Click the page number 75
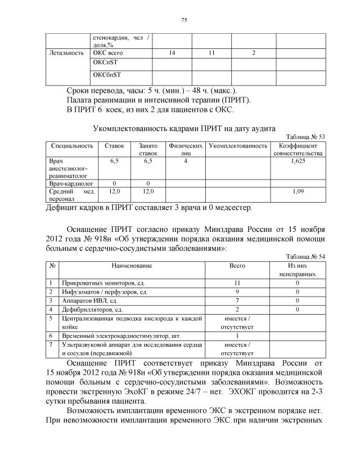pyautogui.click(x=183, y=20)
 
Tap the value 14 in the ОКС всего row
pyautogui.click(x=172, y=52)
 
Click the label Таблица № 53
pyautogui.click(x=305, y=137)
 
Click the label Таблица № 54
pyautogui.click(x=305, y=256)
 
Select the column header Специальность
pyautogui.click(x=72, y=146)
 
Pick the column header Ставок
pyautogui.click(x=114, y=146)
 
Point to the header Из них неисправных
pyautogui.click(x=297, y=268)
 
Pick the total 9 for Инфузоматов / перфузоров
pyautogui.click(x=237, y=292)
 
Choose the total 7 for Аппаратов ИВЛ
pyautogui.click(x=237, y=301)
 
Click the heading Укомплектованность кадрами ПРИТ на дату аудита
pyautogui.click(x=184, y=128)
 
